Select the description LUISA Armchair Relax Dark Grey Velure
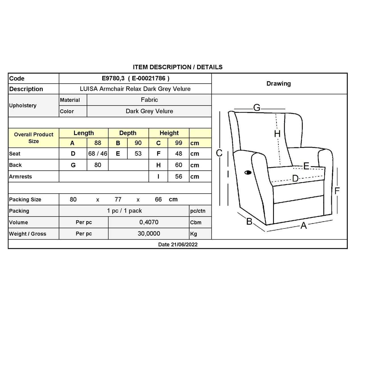tap(135, 89)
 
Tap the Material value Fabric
tap(149, 100)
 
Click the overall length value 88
tap(98, 143)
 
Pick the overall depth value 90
tap(138, 143)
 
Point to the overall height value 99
tap(179, 143)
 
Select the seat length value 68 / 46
tap(98, 154)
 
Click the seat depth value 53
tap(138, 154)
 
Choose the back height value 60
tap(179, 165)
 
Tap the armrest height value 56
tap(179, 177)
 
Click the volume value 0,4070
tap(149, 222)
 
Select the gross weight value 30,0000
tap(149, 234)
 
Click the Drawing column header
tap(278, 84)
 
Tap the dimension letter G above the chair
tap(257, 108)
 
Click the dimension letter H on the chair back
tap(277, 134)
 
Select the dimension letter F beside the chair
tap(337, 191)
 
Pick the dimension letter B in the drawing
tap(249, 221)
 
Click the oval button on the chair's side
tap(248, 172)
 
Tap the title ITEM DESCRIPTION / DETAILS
tap(178, 67)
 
